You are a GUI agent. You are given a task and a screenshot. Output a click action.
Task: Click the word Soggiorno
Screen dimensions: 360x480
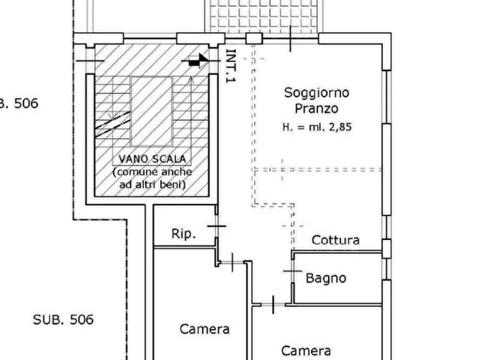317,92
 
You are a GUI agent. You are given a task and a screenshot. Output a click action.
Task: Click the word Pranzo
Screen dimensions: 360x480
317,109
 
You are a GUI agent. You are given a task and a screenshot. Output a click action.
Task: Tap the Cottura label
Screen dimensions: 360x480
335,240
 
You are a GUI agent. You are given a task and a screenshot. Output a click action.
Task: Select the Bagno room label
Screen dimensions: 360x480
325,278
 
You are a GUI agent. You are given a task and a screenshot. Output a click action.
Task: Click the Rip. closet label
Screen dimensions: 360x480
184,234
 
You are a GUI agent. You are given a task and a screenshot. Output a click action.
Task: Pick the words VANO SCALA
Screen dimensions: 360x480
152,159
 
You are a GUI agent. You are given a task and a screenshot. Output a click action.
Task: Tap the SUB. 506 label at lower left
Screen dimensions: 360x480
63,320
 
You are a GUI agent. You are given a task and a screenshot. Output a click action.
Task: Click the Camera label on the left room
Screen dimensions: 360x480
204,329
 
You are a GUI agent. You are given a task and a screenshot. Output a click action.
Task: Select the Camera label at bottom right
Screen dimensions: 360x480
306,351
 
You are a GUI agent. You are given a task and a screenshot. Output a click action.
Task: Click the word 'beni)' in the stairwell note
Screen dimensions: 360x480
173,185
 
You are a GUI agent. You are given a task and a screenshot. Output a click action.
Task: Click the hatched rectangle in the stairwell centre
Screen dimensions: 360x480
152,111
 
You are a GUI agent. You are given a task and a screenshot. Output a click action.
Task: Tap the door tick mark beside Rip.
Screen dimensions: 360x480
217,227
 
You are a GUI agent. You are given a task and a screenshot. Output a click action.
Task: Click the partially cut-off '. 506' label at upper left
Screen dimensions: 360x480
20,103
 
